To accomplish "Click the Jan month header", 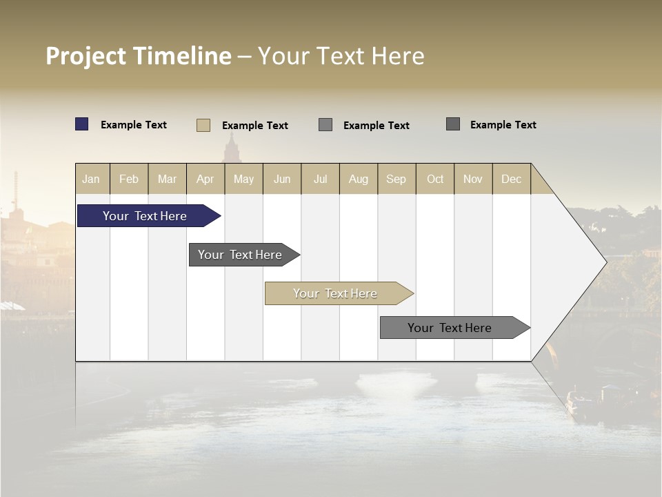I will (92, 179).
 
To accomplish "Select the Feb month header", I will (129, 179).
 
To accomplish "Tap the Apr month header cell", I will (205, 179).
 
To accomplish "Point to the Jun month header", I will (282, 179).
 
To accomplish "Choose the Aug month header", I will (359, 179).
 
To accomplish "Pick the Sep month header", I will (397, 179).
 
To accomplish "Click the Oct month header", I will (435, 179).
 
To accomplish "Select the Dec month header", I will (512, 179).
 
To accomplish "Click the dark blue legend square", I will (82, 124).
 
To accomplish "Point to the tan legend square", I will (203, 125).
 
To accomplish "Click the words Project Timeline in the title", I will (138, 56).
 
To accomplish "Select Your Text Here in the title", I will (341, 56).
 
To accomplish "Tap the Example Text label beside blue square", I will (134, 125).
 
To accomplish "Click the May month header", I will (243, 179).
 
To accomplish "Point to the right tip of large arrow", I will (605, 262).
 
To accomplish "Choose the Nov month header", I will (473, 179).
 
